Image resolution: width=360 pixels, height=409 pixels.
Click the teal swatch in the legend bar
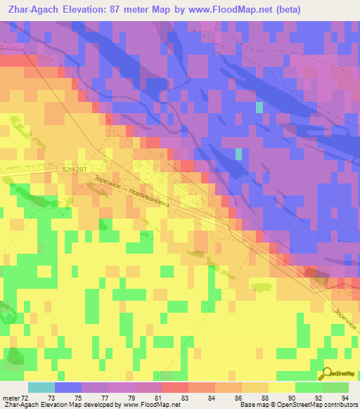[41, 387]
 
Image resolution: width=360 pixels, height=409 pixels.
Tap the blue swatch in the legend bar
[67, 387]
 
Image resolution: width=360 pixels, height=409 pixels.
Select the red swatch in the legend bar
[174, 387]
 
